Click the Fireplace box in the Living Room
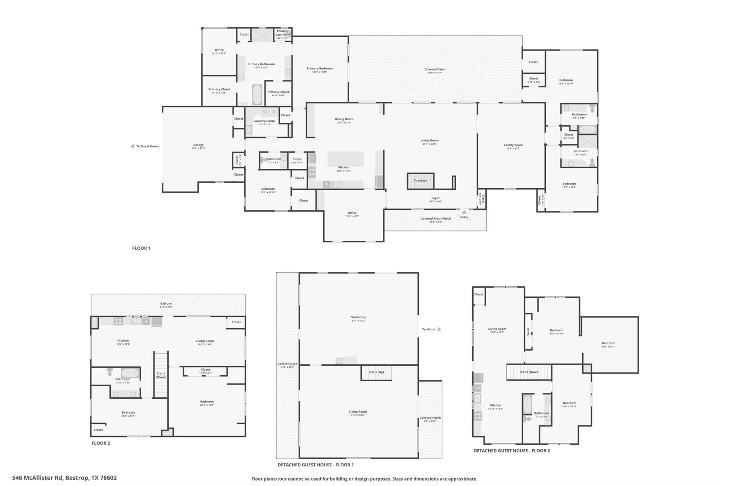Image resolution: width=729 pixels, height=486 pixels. click(x=420, y=181)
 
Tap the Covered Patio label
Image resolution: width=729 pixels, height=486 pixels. click(x=435, y=69)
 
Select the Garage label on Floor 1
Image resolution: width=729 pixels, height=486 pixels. click(x=198, y=145)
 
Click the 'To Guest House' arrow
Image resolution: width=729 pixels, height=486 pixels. click(x=132, y=146)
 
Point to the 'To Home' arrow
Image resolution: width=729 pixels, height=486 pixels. click(x=439, y=329)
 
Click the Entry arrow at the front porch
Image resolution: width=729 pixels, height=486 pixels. click(x=464, y=212)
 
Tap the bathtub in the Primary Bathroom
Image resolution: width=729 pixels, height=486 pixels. click(x=257, y=94)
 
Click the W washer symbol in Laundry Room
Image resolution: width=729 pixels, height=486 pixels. click(x=265, y=112)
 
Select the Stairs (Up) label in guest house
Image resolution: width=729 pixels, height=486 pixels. click(x=376, y=372)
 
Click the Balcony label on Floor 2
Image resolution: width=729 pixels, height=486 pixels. click(x=166, y=304)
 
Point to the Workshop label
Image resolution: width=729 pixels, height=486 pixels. click(x=358, y=317)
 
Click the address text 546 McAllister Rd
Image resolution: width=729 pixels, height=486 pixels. click(x=64, y=478)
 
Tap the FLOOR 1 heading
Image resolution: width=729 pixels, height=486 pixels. click(x=141, y=248)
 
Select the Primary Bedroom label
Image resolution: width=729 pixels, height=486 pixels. click(x=320, y=68)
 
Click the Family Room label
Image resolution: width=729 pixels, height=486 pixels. click(x=513, y=145)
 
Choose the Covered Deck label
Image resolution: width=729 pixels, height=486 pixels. click(x=287, y=364)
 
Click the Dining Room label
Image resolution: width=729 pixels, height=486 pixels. click(x=344, y=119)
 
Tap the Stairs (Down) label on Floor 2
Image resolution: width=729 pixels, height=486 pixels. click(x=161, y=375)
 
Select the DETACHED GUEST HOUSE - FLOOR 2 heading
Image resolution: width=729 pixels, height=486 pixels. click(x=512, y=451)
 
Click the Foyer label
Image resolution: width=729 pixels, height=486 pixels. click(x=435, y=198)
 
